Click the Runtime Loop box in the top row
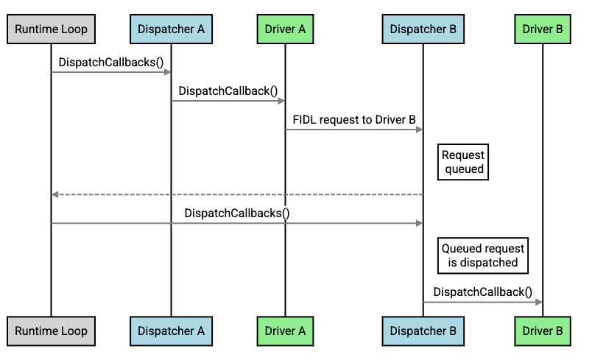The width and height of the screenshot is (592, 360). (51, 29)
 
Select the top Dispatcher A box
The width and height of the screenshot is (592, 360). (171, 29)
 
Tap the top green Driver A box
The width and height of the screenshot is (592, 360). (285, 29)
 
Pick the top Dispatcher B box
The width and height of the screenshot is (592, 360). (423, 29)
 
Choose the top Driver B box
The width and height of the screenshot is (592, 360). (542, 29)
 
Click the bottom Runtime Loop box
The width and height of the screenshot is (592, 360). (51, 331)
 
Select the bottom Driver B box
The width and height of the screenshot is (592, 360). (542, 331)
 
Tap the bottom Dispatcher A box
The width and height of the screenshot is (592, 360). (171, 331)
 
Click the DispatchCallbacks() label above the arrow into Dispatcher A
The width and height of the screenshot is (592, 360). (111, 62)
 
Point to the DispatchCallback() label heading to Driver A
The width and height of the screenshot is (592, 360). (228, 91)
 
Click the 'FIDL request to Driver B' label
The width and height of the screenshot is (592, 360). (356, 119)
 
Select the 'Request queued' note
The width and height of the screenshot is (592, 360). (463, 162)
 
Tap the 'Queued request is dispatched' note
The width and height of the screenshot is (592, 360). (482, 255)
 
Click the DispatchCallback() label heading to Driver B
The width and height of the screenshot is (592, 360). (482, 292)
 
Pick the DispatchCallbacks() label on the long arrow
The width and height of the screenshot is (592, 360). (237, 213)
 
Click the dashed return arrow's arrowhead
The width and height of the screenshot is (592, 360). (54, 194)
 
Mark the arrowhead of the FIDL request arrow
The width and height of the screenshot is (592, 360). (419, 130)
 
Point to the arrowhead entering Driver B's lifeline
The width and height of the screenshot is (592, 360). (539, 302)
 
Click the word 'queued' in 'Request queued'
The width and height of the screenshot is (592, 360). (464, 169)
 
